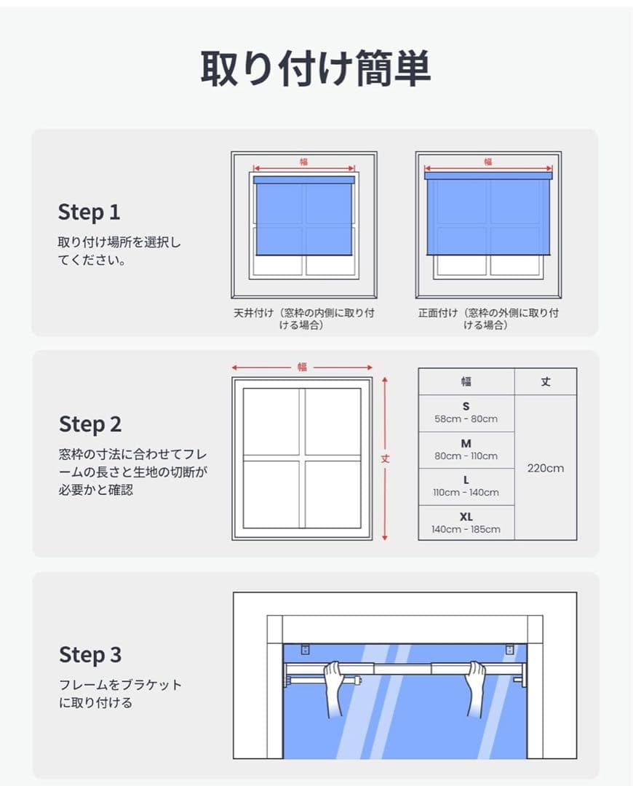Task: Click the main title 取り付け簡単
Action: coord(316,68)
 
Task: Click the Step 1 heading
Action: coord(89,212)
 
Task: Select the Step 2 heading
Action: coord(90,424)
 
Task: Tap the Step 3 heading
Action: coord(90,655)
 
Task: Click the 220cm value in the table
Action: coord(545,468)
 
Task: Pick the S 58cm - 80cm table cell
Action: coord(466,413)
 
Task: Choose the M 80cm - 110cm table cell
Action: coord(466,450)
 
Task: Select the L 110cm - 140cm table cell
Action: coord(466,487)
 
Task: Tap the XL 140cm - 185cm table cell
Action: coord(466,523)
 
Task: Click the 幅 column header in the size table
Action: coord(466,381)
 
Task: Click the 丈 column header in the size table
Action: coord(545,381)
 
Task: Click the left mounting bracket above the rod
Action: coord(306,650)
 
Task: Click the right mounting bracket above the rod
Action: coord(510,650)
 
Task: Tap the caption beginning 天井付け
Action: coord(303,319)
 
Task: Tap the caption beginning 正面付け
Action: coord(488,319)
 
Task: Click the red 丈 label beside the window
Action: coord(385,458)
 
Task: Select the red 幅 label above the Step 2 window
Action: coord(302,367)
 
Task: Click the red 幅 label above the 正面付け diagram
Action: coord(488,162)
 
